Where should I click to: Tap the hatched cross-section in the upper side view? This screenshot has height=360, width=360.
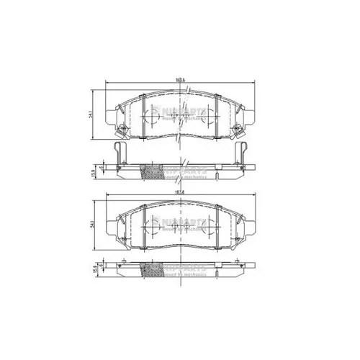tap(152, 173)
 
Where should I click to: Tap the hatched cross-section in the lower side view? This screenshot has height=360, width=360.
tap(152, 268)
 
